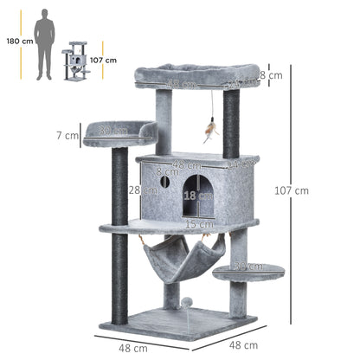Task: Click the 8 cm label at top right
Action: click(x=272, y=75)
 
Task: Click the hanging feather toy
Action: click(x=209, y=130)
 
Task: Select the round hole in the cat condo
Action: click(x=164, y=183)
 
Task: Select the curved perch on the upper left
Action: click(x=120, y=132)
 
